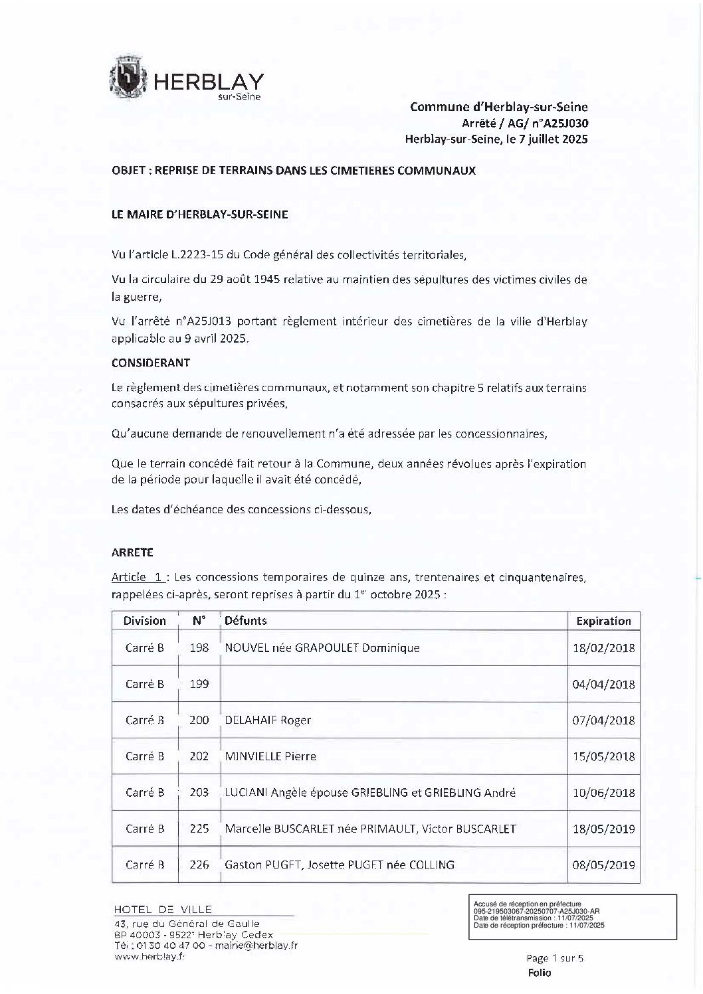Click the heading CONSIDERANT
coord(151,363)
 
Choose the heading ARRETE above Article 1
coord(132,552)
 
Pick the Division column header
coord(144,621)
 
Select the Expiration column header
coord(603,621)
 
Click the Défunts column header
coord(246,621)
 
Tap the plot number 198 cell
coord(199,648)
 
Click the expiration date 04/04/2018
coord(603,685)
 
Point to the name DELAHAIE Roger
coord(268,720)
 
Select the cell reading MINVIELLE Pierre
coord(270,756)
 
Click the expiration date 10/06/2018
coord(603,793)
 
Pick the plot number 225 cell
coord(199,829)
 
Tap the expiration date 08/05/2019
coord(603,865)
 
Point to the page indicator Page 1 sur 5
coord(553,958)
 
